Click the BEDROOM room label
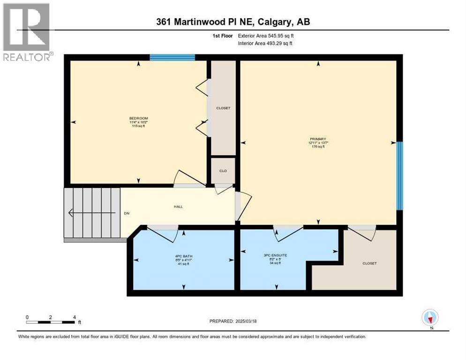tap(139, 118)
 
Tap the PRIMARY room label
tap(317, 139)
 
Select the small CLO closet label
tap(223, 171)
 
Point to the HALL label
tap(178, 206)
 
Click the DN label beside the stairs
tap(127, 213)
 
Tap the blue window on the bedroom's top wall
tap(173, 57)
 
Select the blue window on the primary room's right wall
tap(399, 175)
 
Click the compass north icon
tap(430, 317)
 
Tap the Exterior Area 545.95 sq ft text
tap(274, 36)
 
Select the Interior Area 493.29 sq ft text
tap(274, 44)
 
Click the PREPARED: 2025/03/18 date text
tap(233, 321)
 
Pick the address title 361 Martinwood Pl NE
tap(233, 22)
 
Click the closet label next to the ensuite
tap(369, 263)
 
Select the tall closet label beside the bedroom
tap(223, 108)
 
